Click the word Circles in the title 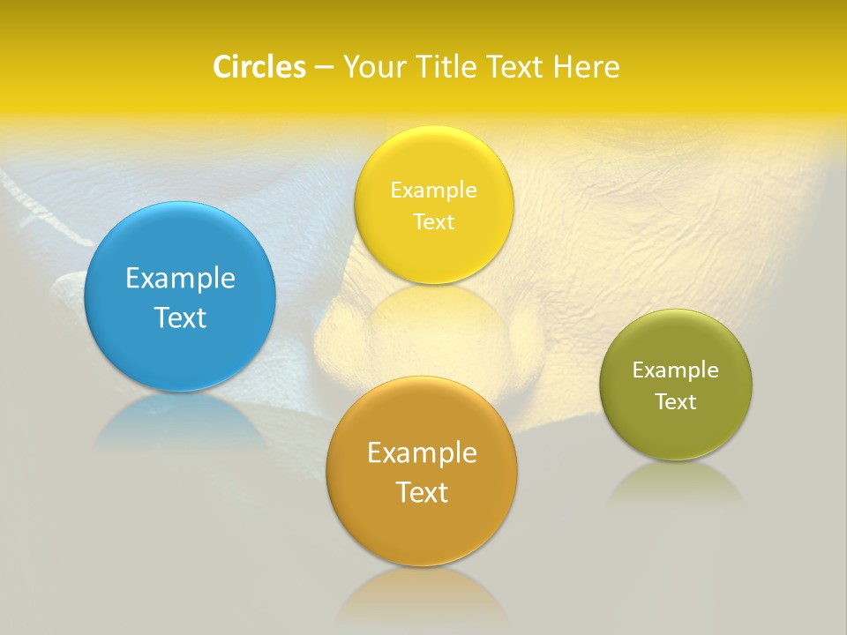point(259,67)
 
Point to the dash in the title point(323,68)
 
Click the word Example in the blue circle point(180,278)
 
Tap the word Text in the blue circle point(180,317)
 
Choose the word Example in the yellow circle point(433,190)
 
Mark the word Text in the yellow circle point(433,221)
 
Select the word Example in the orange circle point(422,452)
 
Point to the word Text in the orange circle point(422,491)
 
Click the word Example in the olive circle point(676,370)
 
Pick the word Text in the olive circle point(676,401)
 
